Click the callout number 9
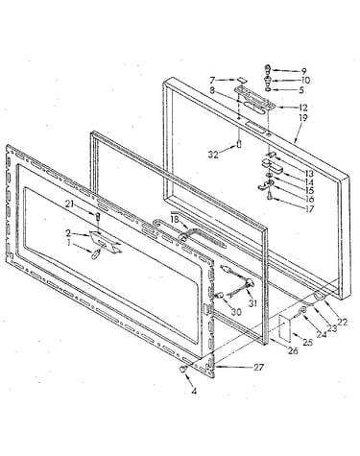303,71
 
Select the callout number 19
302,118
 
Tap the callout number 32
213,155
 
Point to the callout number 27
258,368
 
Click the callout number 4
194,391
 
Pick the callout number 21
70,204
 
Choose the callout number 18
175,220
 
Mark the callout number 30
236,311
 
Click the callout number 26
293,350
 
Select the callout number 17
309,209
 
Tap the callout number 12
302,108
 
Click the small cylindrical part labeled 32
238,144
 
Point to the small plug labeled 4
182,369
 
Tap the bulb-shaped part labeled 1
96,254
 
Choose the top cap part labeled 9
268,69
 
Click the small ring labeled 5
268,89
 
